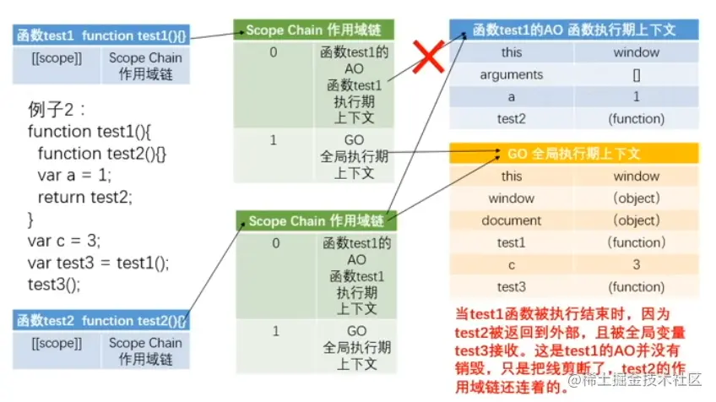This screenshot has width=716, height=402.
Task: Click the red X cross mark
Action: tap(428, 60)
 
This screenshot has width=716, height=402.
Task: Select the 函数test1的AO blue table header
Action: tap(574, 30)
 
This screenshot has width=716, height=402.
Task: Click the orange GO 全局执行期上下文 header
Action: tap(574, 154)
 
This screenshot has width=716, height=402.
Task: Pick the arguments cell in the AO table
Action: tap(511, 74)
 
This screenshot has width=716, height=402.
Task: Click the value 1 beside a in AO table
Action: tap(636, 96)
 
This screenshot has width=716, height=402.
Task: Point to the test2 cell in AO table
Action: tap(511, 118)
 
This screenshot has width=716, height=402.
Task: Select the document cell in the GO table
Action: tap(511, 220)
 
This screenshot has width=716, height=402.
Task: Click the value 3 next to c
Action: tap(636, 264)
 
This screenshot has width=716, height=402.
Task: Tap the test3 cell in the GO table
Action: tap(511, 286)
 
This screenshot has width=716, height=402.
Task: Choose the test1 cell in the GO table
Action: tap(511, 242)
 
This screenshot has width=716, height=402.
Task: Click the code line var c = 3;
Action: tap(63, 241)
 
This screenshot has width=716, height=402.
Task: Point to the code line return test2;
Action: tap(85, 197)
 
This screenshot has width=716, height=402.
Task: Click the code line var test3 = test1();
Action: tap(98, 262)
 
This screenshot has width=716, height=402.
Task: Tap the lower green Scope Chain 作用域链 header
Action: tap(316, 221)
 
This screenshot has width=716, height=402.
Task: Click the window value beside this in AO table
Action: tap(636, 52)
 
